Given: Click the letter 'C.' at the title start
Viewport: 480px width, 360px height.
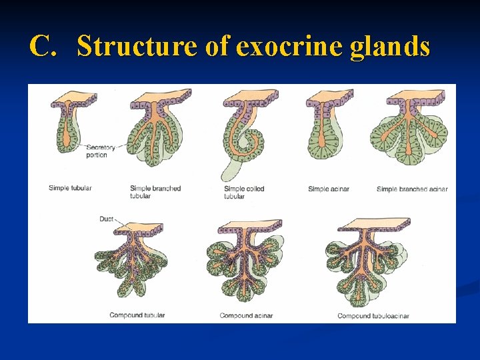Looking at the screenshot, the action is click(x=45, y=47).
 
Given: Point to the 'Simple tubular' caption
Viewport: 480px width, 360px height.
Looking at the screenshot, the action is click(x=70, y=188).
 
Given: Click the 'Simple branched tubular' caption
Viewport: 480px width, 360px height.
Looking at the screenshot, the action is click(x=155, y=192).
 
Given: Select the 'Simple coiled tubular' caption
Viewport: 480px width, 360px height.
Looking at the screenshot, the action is click(x=243, y=192).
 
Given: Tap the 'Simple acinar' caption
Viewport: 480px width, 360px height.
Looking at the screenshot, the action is click(x=328, y=189).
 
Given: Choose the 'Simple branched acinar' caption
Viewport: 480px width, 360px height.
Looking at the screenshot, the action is click(x=412, y=189).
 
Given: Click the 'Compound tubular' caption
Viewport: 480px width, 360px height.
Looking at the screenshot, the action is click(x=137, y=315).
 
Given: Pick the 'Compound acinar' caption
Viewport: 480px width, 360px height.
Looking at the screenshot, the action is click(x=246, y=315).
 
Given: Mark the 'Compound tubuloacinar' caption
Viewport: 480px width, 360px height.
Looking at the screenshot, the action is click(x=373, y=315).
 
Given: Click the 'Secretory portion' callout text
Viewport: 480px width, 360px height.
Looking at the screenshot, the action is click(x=101, y=151).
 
